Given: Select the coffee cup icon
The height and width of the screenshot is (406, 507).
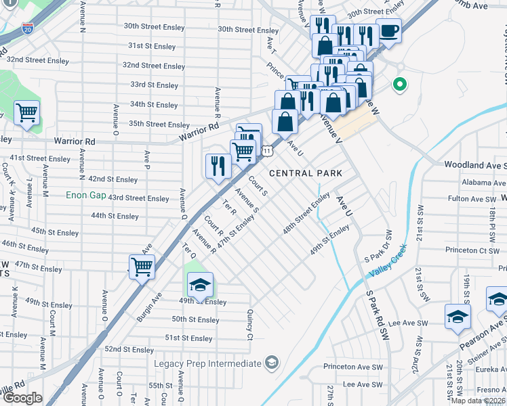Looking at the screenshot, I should [x=389, y=30].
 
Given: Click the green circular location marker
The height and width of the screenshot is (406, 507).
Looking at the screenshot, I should [x=400, y=85].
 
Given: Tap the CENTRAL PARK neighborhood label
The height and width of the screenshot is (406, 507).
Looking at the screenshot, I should [x=305, y=173].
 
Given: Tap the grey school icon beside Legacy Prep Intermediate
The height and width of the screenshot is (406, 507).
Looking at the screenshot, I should [x=272, y=363].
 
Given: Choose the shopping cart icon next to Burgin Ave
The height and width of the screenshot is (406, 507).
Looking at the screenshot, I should [x=142, y=267].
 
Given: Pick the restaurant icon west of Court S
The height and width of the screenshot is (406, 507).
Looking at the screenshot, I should [x=218, y=166].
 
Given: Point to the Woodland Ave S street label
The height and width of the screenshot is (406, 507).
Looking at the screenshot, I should [x=474, y=164].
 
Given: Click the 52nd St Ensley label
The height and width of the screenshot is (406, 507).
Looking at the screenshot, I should [x=129, y=349].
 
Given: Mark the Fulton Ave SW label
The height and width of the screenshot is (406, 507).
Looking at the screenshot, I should [x=472, y=199].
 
